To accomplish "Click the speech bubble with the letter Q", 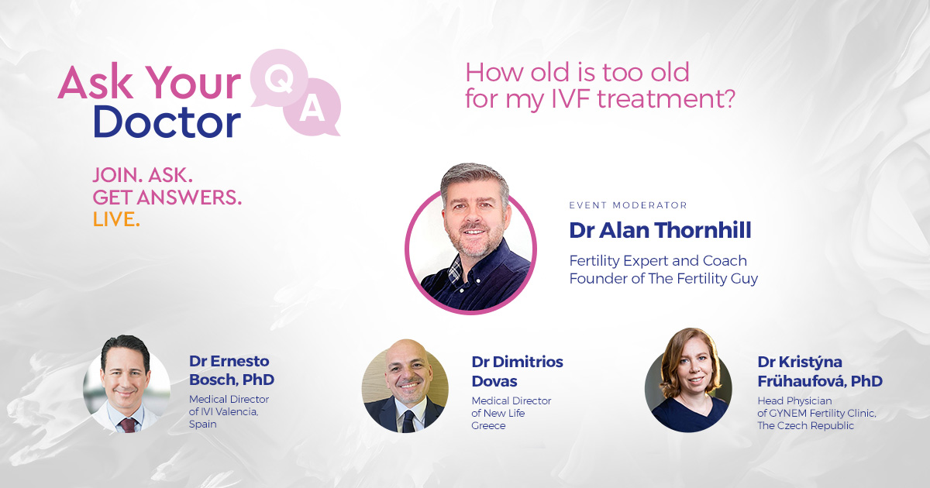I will [277, 77].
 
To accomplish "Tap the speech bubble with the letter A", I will [312, 109].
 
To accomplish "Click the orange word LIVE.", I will [116, 219].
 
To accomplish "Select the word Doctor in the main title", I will [167, 122].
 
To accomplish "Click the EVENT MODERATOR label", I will [628, 205].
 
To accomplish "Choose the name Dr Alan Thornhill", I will [660, 230].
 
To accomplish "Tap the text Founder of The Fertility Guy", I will [663, 278].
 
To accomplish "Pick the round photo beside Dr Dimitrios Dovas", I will [405, 385].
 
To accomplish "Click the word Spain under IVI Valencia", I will [204, 424].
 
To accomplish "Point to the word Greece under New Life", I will [488, 425].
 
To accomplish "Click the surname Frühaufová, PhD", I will [820, 381].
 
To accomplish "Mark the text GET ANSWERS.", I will [167, 198].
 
